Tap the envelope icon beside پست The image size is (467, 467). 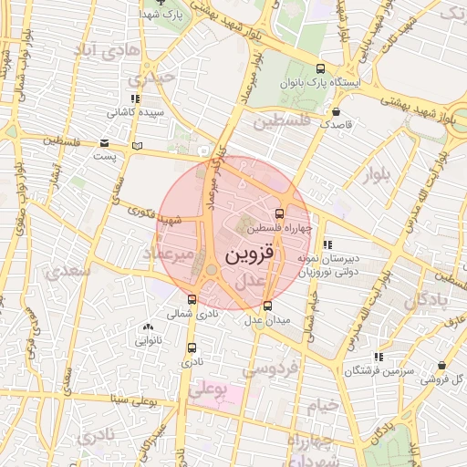(105, 143)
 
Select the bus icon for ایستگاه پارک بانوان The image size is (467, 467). (319, 68)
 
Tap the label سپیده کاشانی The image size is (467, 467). (134, 112)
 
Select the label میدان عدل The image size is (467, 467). (266, 319)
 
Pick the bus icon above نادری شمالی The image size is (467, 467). (192, 299)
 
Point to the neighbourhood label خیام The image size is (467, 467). (322, 403)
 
